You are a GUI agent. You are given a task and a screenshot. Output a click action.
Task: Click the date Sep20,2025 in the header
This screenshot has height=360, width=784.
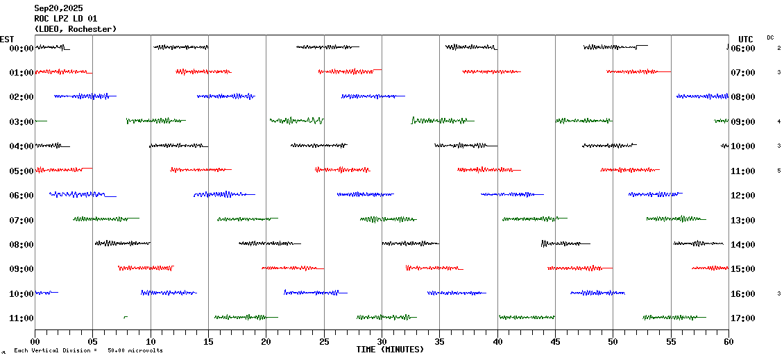(x=58, y=8)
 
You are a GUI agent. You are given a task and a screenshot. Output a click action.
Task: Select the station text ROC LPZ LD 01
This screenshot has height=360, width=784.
(x=66, y=19)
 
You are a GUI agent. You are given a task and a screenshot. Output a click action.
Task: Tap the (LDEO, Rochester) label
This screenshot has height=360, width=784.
(x=75, y=29)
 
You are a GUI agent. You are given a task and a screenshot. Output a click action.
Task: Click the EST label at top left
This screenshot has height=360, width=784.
(x=7, y=39)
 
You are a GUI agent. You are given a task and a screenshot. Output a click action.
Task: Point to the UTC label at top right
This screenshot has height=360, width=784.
(x=746, y=39)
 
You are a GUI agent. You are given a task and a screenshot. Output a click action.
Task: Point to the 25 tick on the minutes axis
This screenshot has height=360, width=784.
(x=324, y=341)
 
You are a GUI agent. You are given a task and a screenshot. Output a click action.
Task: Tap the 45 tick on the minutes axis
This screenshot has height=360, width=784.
(x=555, y=341)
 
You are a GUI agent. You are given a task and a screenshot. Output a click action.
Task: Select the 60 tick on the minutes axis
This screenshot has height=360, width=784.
(x=728, y=341)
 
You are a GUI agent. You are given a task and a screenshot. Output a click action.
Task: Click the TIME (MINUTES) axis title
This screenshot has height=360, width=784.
(x=390, y=350)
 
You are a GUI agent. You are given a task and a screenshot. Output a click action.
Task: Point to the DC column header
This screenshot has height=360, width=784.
(x=770, y=37)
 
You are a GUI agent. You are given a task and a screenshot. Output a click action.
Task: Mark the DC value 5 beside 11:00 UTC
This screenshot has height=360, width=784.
(x=779, y=171)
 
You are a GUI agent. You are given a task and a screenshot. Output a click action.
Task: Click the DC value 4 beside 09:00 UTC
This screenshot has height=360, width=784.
(x=779, y=121)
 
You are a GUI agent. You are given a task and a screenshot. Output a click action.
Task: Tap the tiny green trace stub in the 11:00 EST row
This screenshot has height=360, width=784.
(x=125, y=317)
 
